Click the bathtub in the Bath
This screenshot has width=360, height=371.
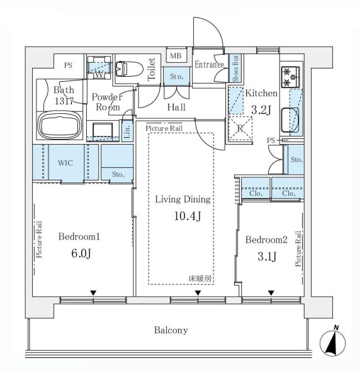(x=59, y=125)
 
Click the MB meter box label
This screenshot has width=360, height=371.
(x=177, y=56)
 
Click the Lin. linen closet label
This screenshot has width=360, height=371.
(x=127, y=131)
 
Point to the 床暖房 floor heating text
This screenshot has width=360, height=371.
(x=200, y=277)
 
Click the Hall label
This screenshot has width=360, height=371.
(x=176, y=108)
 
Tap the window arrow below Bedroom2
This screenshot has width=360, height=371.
(x=271, y=292)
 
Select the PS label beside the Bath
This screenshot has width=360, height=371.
(x=67, y=64)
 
